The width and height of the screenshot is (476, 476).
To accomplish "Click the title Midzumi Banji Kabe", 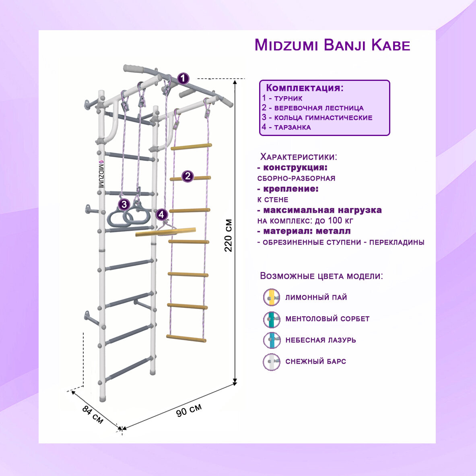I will click(332, 45).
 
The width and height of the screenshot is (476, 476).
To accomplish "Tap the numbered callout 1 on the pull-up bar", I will click(183, 78).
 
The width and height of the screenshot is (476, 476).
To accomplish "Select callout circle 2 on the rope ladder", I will click(188, 176).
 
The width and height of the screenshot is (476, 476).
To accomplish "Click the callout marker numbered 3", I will click(124, 205).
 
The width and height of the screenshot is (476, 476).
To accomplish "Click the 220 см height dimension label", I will click(229, 235).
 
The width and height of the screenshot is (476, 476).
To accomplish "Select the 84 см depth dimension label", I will click(93, 414).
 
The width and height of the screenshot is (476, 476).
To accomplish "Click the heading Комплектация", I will click(305, 88).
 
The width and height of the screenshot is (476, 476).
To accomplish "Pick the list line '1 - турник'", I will click(282, 98).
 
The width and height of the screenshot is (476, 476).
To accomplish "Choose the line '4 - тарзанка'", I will click(286, 127).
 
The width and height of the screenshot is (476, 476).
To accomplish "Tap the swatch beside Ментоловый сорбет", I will click(272, 319).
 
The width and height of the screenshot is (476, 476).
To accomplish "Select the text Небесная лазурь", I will click(321, 340).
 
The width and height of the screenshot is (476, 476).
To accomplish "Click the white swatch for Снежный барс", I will click(272, 362).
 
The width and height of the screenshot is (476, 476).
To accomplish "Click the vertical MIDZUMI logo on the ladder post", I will click(101, 173).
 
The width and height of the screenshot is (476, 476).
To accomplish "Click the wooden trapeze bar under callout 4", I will click(165, 232).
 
